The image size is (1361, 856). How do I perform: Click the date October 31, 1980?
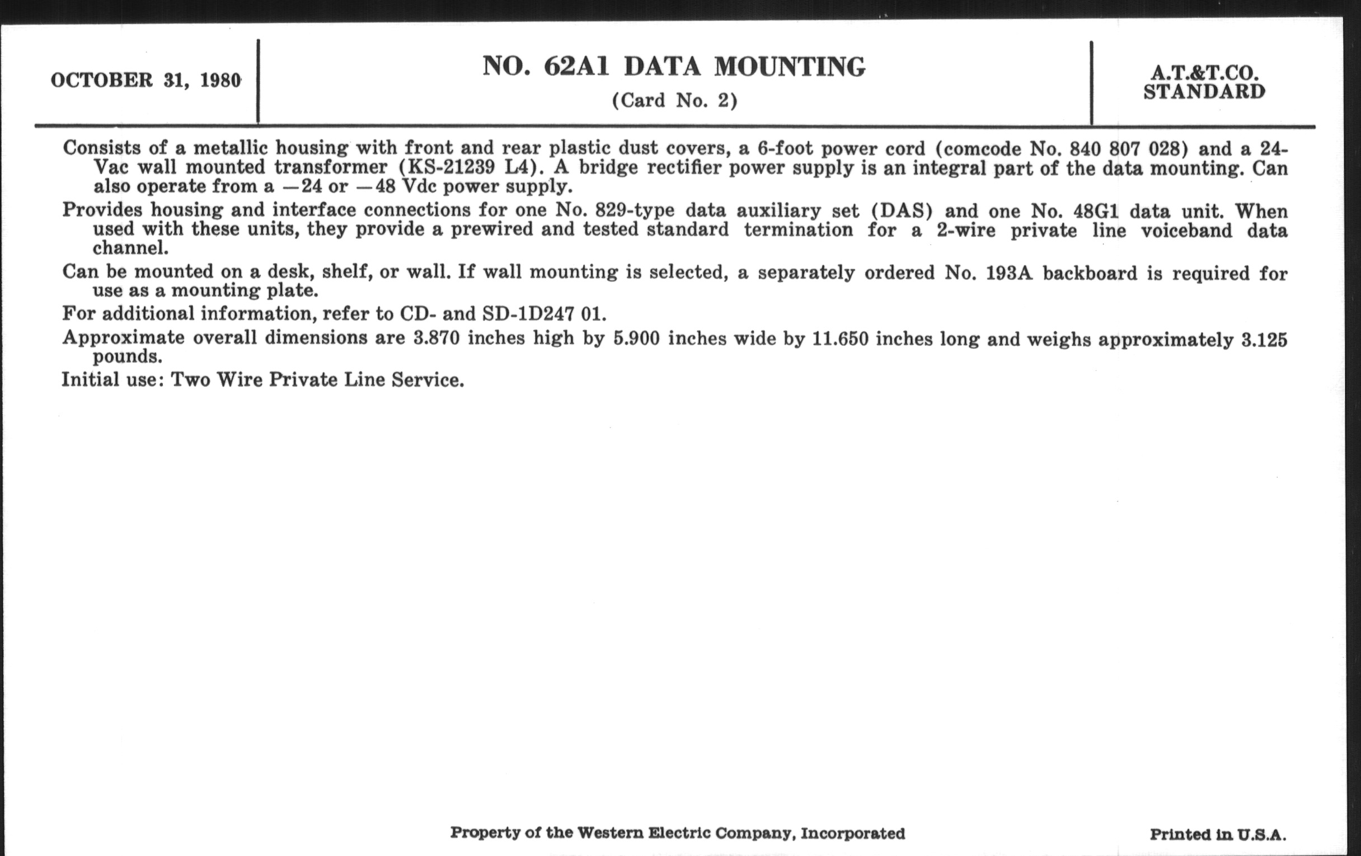coord(146,80)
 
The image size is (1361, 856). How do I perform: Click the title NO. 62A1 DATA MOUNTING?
coord(673,67)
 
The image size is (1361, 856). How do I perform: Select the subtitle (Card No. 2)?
coord(674,101)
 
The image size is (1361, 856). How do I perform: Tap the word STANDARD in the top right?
coord(1204,92)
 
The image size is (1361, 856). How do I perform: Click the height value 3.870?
coord(436,338)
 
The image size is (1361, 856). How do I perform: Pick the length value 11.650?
coord(840,339)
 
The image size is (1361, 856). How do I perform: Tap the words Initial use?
coord(109,379)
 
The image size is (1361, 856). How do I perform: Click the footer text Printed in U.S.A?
coord(1217,835)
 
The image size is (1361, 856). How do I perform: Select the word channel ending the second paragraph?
coord(130,248)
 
